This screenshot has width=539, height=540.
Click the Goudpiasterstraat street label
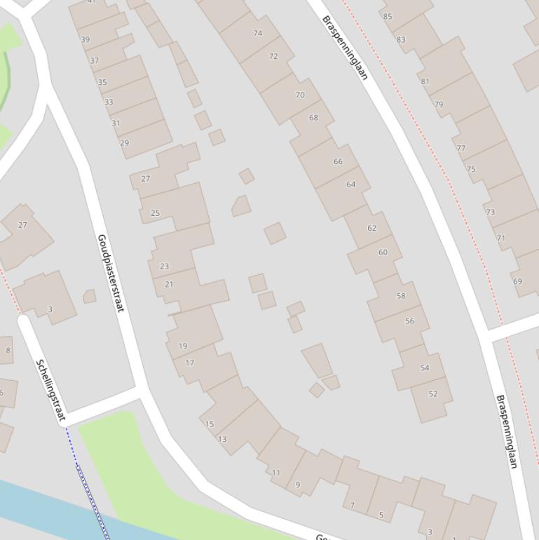tap(111, 273)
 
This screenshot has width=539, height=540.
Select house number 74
tap(257, 33)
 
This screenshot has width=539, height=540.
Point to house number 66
tap(338, 161)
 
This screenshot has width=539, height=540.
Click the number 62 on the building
tap(371, 228)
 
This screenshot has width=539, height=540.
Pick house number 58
tap(400, 296)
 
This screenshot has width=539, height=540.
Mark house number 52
tap(432, 394)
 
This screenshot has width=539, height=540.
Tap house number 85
tap(388, 16)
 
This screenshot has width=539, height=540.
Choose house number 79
tap(438, 104)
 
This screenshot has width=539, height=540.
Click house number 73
tap(490, 212)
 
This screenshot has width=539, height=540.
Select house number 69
tap(517, 281)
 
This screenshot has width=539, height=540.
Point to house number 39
tap(86, 40)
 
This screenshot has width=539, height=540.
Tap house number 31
tap(116, 123)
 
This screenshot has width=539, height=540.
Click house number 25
tap(155, 213)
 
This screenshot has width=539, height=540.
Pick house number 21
tap(168, 284)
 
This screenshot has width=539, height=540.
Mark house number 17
tap(189, 363)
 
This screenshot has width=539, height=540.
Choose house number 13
tap(222, 440)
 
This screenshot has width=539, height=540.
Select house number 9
tap(298, 485)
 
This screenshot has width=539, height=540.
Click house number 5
tap(381, 515)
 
